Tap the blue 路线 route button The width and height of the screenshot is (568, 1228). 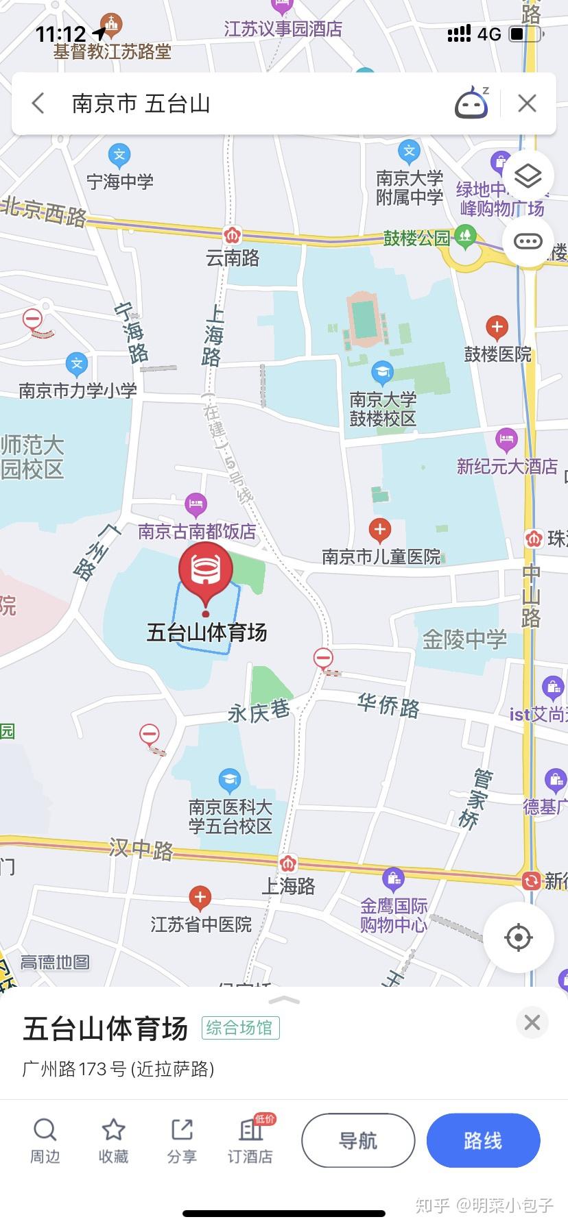(x=483, y=1140)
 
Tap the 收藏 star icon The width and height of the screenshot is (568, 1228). (x=113, y=1130)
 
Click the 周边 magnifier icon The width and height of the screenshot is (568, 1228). (x=45, y=1130)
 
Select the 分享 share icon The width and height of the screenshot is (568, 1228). (x=182, y=1130)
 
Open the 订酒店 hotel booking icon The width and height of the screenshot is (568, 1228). (x=250, y=1130)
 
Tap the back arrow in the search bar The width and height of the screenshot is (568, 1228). (x=38, y=103)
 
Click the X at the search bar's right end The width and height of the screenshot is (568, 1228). (x=527, y=103)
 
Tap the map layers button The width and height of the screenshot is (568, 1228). (x=528, y=176)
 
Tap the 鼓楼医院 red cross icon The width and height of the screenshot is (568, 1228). (x=497, y=327)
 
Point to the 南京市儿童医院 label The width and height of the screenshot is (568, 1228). (x=381, y=556)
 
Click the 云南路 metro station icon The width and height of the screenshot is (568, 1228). (x=233, y=235)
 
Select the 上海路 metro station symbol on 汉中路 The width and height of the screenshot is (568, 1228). (x=288, y=863)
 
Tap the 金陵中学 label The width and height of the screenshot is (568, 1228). (x=464, y=640)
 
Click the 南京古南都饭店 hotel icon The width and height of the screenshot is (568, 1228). (x=196, y=505)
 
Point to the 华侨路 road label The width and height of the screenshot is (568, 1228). (x=388, y=704)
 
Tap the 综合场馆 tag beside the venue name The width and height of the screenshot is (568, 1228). (x=240, y=1028)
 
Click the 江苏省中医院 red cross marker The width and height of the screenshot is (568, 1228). (x=200, y=897)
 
